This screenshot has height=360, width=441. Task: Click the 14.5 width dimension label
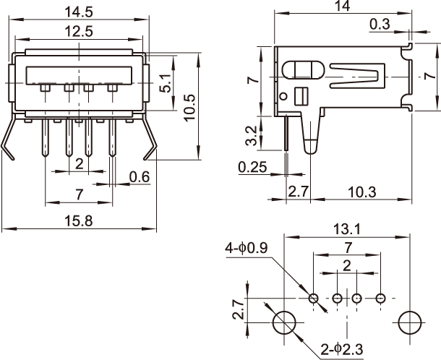point(81,12)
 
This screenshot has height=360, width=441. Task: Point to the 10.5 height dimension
point(190,107)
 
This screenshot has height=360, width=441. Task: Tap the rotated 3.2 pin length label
point(249,134)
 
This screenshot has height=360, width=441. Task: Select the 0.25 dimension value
point(252,168)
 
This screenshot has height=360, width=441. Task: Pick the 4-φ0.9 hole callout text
point(247,249)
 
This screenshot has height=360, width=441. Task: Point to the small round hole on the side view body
point(285,95)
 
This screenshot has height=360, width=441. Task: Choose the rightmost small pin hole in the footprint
point(380,298)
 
